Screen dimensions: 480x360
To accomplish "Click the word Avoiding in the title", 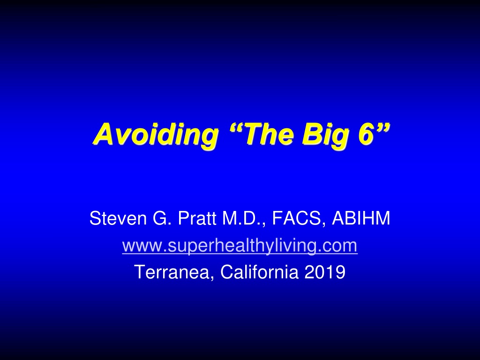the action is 156,135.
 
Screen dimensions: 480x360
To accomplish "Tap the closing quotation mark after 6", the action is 383,127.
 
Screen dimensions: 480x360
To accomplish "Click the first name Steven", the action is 118,218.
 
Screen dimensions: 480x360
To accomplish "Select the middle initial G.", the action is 161,218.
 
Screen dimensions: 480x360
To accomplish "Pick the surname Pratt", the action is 197,218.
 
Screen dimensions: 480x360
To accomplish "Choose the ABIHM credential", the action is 361,218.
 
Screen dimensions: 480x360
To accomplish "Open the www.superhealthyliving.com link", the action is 240,246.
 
